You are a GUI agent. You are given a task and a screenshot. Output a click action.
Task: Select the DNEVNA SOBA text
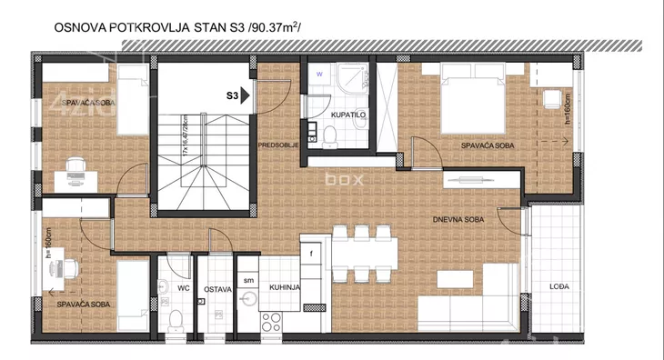(458, 219)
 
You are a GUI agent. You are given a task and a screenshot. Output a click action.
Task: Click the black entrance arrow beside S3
(245, 94)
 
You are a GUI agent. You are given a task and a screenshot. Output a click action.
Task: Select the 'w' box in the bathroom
(319, 72)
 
